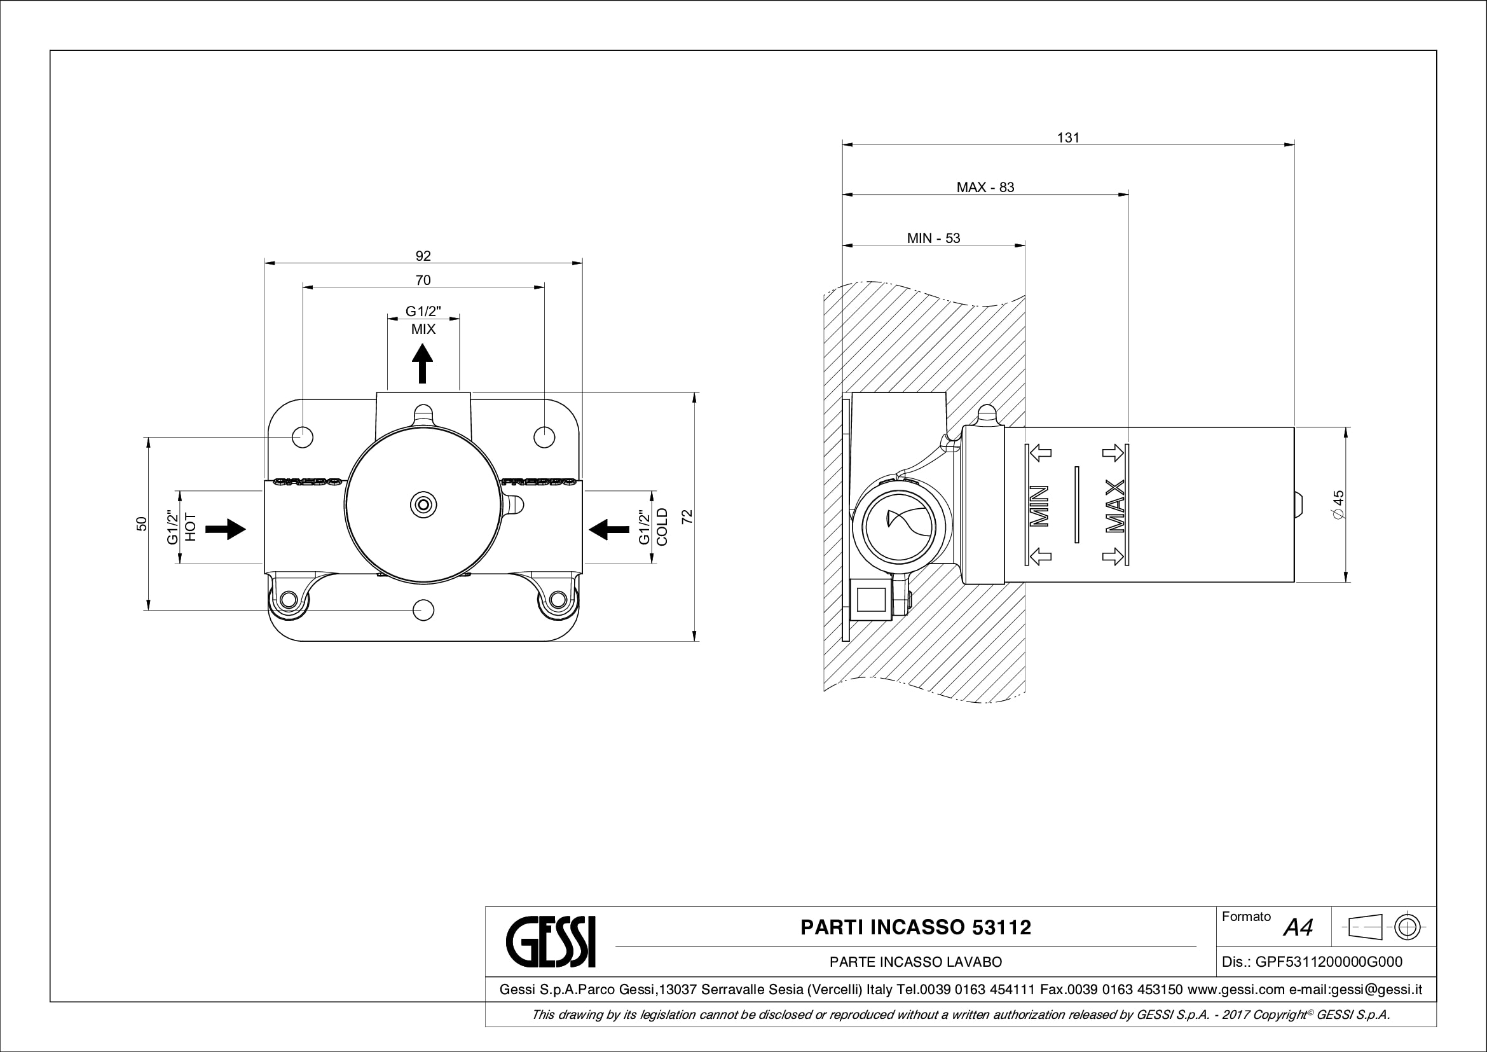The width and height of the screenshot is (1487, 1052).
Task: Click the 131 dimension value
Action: (x=1068, y=137)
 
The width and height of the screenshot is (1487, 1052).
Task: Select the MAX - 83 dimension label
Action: (x=985, y=187)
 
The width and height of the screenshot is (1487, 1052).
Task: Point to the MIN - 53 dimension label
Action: (x=933, y=238)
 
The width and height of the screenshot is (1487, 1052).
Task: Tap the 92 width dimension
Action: (x=423, y=256)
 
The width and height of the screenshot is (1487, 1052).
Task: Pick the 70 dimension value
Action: (x=423, y=280)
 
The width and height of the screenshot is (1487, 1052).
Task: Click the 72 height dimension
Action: (x=687, y=516)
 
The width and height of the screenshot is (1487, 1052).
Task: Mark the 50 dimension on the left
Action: (x=142, y=523)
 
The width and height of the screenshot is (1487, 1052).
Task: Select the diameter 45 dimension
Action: (x=1338, y=504)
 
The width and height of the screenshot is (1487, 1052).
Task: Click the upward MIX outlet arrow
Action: (x=423, y=363)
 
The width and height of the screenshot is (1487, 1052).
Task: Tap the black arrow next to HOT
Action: (x=224, y=529)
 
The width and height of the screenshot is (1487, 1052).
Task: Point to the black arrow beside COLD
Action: (x=609, y=529)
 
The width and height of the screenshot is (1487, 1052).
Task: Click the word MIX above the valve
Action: (x=423, y=329)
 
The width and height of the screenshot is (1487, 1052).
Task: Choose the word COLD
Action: (x=662, y=527)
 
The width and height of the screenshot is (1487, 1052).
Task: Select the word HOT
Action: (x=191, y=527)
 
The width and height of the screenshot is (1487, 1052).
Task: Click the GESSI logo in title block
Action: (x=550, y=941)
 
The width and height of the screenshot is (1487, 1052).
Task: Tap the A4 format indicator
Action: (x=1298, y=927)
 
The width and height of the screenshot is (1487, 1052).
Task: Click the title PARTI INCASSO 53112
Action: (x=915, y=927)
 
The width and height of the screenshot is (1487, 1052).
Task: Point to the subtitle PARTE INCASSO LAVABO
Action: (x=915, y=962)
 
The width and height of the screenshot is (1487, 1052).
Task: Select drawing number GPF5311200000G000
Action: (x=1328, y=962)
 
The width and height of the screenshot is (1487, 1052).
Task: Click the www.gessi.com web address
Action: (x=1236, y=989)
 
